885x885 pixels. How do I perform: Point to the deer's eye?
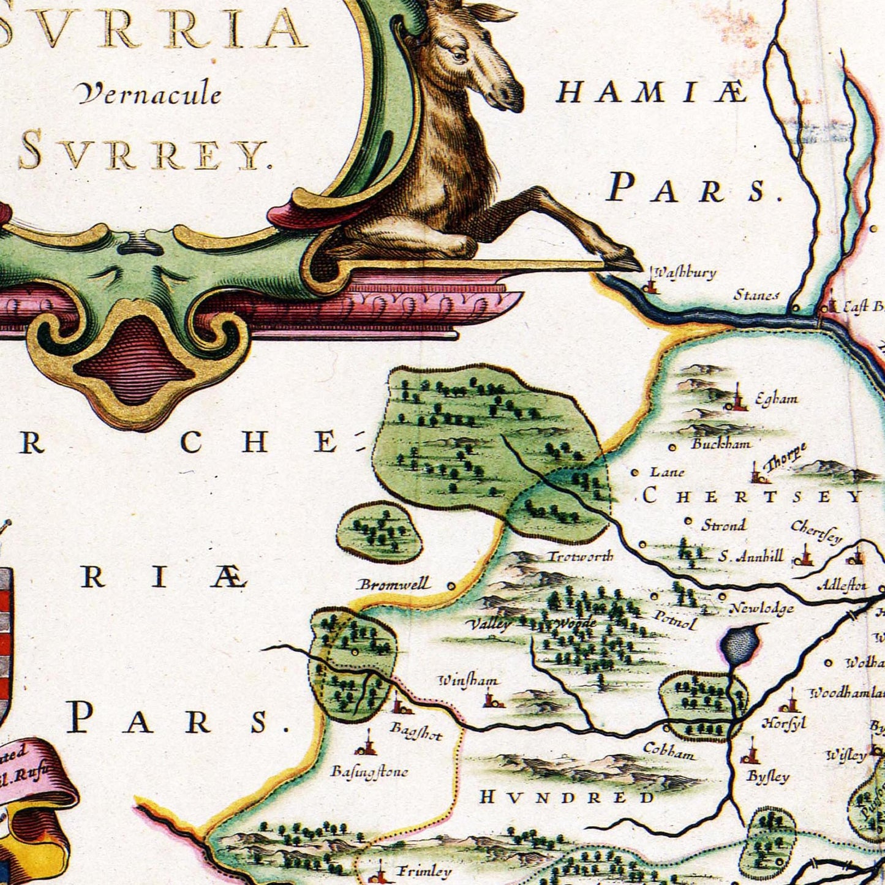pos(459,56)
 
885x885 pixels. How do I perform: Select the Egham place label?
pos(776,399)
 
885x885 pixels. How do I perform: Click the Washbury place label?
pos(685,273)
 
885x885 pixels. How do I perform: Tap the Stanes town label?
pos(756,295)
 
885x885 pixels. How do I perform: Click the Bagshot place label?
pos(416,731)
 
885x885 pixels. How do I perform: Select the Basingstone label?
pos(369,771)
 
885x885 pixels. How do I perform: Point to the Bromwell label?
pos(394,584)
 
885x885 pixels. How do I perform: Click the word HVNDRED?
pos(567,797)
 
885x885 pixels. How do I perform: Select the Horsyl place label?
pos(783,723)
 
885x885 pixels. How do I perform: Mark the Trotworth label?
pos(579,556)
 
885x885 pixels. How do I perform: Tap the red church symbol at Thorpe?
pos(758,473)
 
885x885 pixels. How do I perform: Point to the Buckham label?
pos(721,443)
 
